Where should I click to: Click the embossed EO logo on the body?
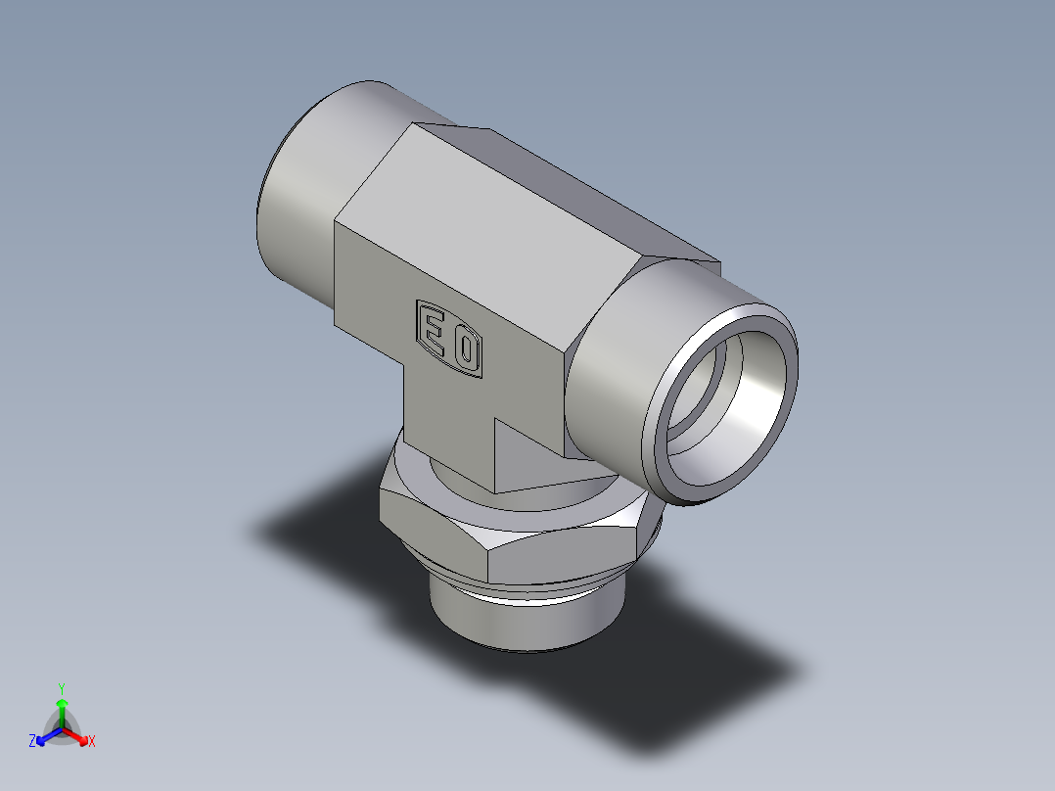450,338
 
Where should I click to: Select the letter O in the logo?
466,347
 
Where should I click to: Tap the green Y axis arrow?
62,708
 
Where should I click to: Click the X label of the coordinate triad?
92,742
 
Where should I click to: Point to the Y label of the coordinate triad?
62,687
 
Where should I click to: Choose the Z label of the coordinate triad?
32,742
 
